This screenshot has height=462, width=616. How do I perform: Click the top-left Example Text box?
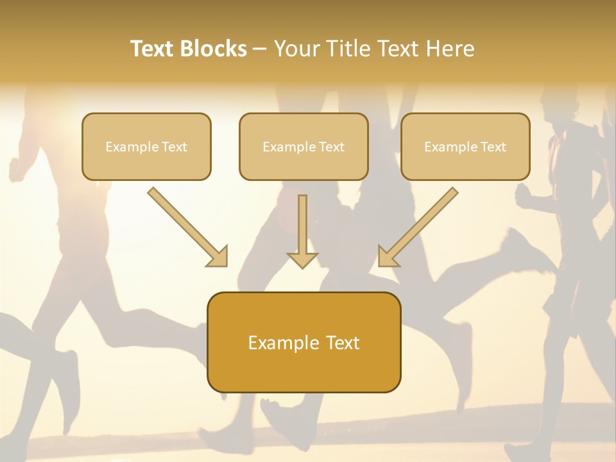[x=146, y=146]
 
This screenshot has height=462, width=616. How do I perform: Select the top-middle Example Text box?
[x=304, y=146]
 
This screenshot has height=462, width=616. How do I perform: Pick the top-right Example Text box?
[x=465, y=146]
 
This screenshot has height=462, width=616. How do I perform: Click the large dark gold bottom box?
[x=304, y=342]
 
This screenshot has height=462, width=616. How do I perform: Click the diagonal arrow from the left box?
[x=186, y=225]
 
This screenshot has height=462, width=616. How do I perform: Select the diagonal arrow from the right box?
[x=420, y=225]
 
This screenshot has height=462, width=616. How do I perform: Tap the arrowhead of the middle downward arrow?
[x=302, y=260]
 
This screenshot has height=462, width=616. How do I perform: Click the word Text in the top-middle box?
[x=331, y=147]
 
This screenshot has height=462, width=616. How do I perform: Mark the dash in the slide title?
[x=260, y=49]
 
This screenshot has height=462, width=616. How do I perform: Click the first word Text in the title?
[x=153, y=49]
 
